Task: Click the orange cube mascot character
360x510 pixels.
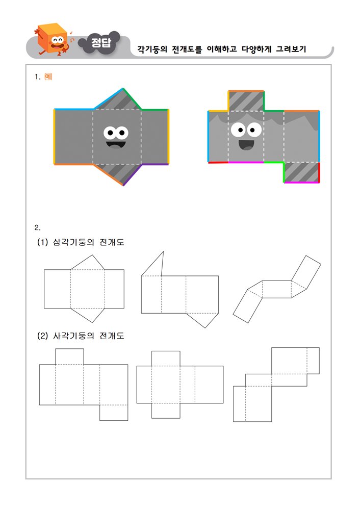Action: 54,40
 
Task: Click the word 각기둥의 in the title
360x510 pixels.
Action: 152,49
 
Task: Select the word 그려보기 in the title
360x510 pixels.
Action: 291,49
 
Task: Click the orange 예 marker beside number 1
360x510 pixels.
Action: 48,77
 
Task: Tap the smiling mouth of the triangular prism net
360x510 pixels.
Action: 115,144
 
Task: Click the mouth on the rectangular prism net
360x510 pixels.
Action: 246,145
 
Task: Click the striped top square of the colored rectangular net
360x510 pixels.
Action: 246,101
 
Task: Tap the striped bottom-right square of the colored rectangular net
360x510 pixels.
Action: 301,172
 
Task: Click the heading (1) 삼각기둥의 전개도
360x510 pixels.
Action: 81,242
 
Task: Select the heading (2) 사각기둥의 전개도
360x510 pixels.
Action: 81,336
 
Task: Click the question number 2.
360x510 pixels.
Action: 37,227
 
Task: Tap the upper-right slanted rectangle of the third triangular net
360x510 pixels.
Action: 306,272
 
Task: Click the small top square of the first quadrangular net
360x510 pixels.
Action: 69,356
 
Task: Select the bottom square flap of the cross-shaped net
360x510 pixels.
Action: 166,411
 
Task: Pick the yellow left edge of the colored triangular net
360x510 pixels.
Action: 54,137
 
